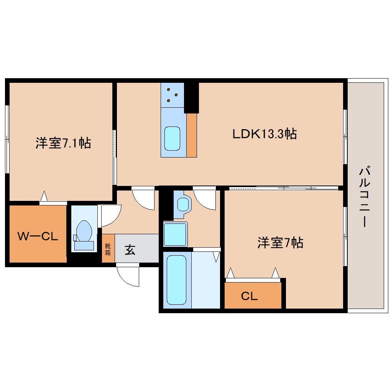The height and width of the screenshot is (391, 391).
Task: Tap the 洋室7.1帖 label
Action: pos(63,143)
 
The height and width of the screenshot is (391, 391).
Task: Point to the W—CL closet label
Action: pos(38,237)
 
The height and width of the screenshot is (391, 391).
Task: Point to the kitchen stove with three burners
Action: pos(172,95)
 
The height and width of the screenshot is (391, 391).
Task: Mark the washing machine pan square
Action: pos(175,234)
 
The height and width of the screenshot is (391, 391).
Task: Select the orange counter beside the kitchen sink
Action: pos(192,135)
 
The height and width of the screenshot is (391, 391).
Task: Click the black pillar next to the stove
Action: pos(191,98)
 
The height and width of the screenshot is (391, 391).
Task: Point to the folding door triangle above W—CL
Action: pos(44,196)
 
